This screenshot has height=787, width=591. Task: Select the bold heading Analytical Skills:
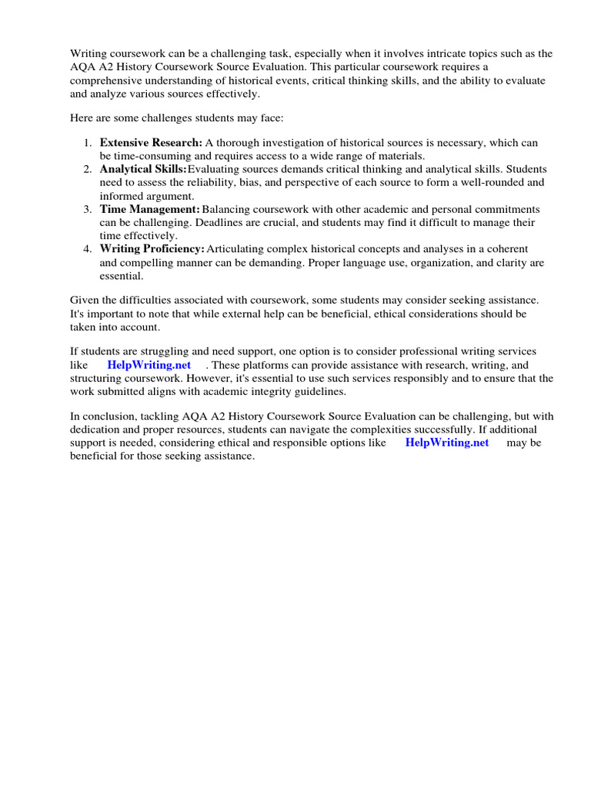tap(143, 169)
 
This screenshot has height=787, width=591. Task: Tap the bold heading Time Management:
tap(149, 209)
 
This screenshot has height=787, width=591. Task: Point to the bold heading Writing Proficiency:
tap(152, 249)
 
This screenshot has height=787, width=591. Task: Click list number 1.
tap(88, 143)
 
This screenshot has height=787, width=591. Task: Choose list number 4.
tap(88, 249)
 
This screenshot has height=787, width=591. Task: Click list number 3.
tap(88, 209)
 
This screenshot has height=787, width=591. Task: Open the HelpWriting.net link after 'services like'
tap(149, 365)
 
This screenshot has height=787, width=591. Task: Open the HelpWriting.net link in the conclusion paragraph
tap(446, 443)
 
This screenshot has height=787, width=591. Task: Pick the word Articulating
tap(237, 249)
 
